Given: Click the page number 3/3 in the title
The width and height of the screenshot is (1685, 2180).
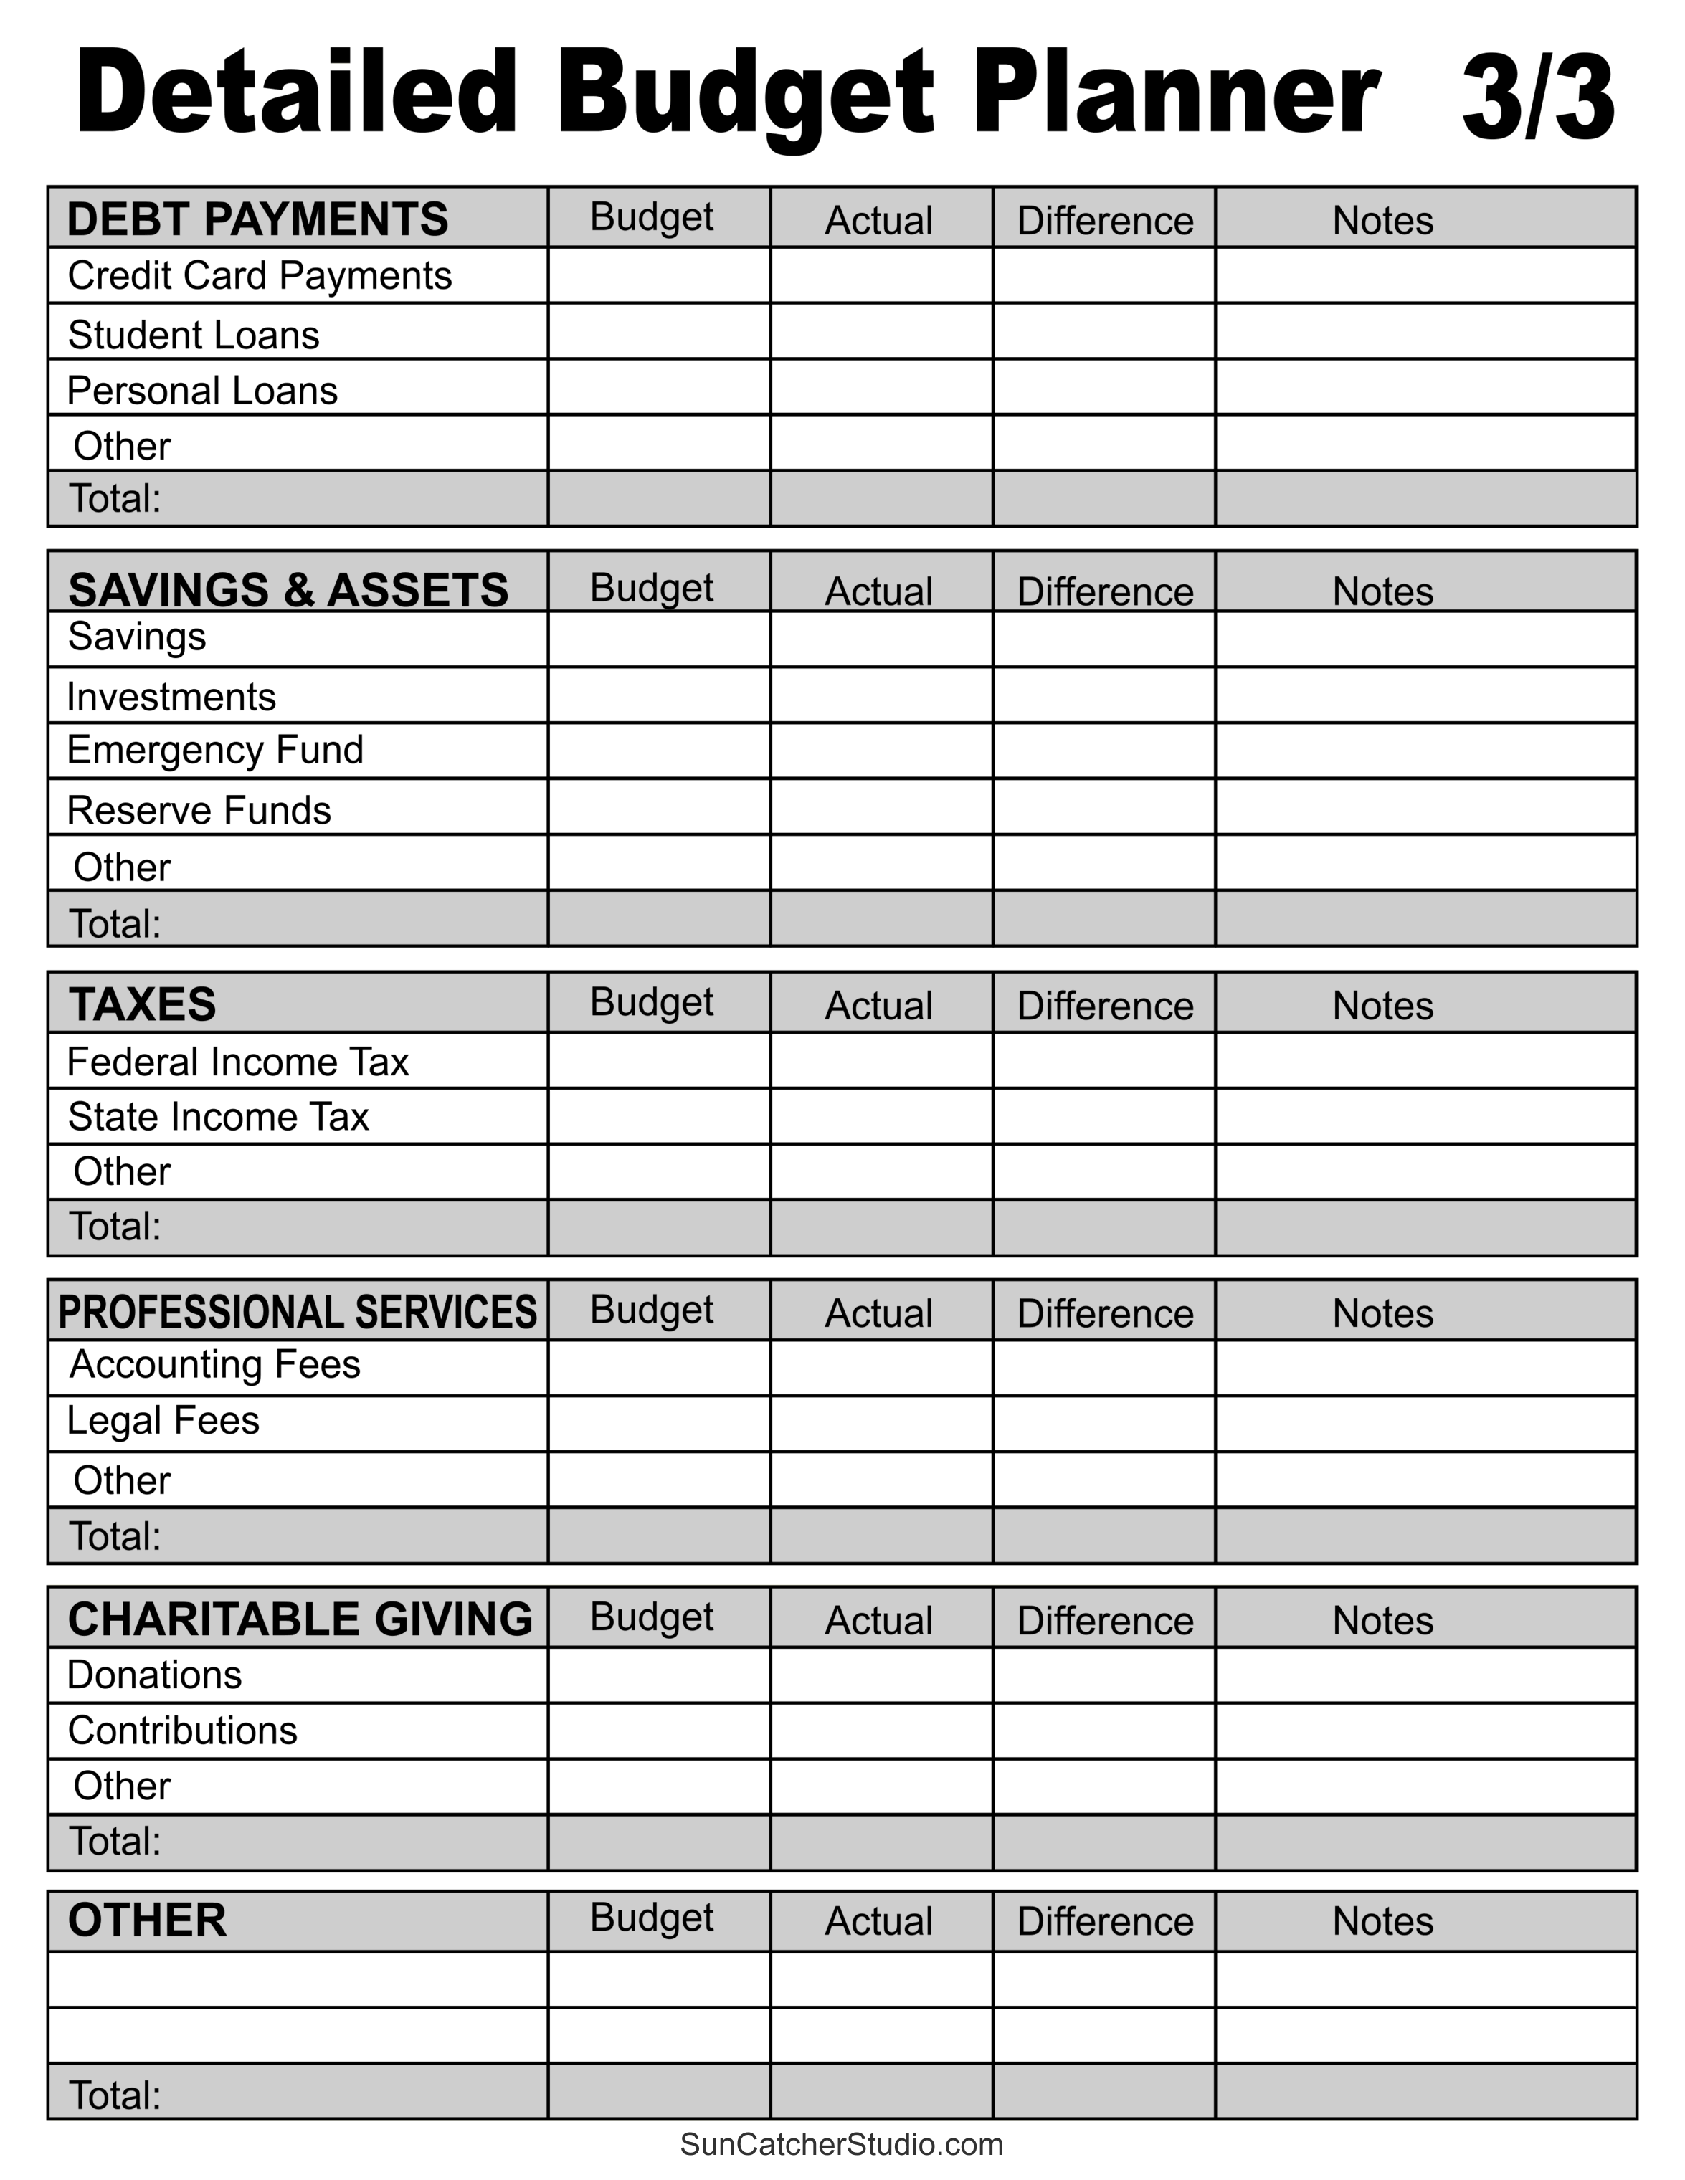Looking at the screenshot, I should tap(1537, 97).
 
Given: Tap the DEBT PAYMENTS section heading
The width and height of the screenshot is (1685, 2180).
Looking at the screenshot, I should tap(257, 219).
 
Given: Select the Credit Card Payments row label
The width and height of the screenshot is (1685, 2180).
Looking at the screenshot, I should tap(260, 275).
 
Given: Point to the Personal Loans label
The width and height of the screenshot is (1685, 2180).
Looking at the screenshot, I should tap(203, 390).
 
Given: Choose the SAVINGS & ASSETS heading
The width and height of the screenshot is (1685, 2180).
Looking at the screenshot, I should tap(288, 589).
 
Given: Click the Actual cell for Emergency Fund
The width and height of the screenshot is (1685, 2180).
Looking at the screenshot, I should tap(881, 751).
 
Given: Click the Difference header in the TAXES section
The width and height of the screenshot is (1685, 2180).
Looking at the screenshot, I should tap(1105, 1005).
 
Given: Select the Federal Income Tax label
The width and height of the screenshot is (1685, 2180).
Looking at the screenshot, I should tap(237, 1061).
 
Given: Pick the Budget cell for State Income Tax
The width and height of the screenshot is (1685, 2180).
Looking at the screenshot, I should tap(659, 1116).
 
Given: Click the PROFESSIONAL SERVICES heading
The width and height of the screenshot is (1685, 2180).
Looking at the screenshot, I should tap(298, 1312).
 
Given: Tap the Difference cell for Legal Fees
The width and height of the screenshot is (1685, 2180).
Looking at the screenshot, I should tap(1103, 1424).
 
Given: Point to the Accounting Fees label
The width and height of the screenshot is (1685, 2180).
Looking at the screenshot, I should tap(214, 1364).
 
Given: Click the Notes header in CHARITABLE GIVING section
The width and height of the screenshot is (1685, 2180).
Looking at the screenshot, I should tap(1382, 1620).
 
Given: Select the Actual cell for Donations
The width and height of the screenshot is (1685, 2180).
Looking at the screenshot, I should tap(881, 1675).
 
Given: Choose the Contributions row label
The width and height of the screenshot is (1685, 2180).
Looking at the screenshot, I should tap(183, 1730).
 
